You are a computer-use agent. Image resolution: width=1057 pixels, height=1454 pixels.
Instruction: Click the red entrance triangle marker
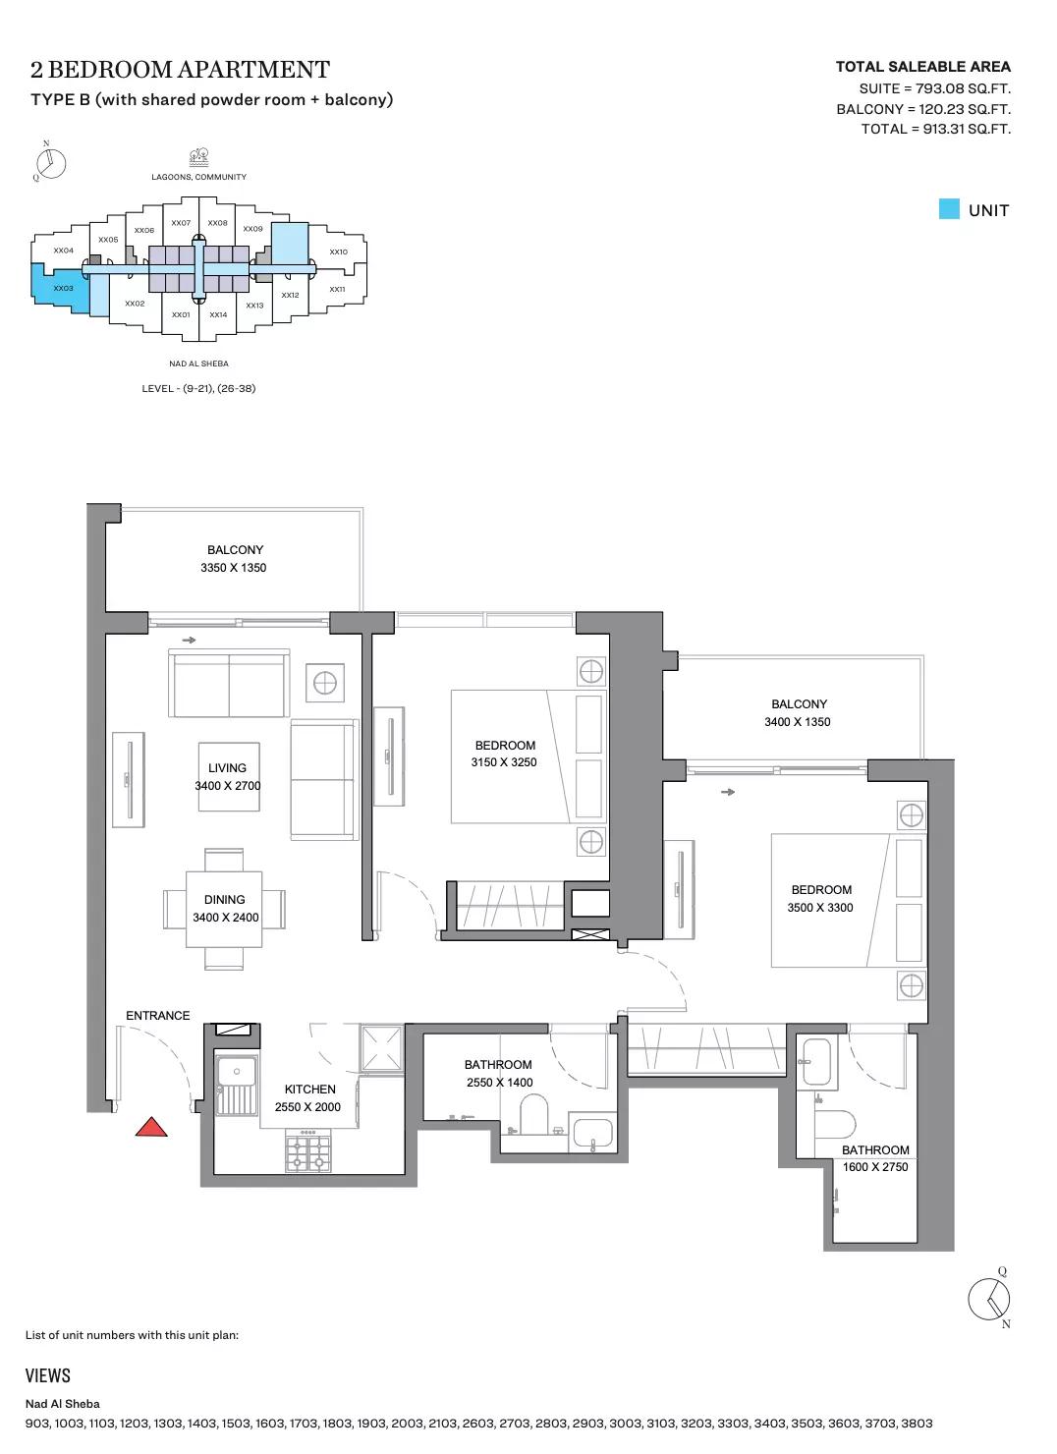coord(151,1127)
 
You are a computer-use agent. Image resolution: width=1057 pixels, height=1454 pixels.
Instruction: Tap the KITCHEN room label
coord(309,1090)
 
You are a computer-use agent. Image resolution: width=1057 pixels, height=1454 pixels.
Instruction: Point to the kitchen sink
coord(237,1083)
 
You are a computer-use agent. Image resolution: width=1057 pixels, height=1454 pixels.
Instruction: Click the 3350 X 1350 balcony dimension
coord(234,567)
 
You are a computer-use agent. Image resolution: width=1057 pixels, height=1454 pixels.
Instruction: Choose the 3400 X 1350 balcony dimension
coord(798,721)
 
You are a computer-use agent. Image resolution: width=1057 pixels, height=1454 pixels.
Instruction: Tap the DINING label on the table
coord(225,900)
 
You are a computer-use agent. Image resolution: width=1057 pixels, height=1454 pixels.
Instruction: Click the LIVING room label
coord(227,768)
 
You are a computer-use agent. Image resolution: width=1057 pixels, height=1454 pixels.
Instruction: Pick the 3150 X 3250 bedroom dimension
coord(504,762)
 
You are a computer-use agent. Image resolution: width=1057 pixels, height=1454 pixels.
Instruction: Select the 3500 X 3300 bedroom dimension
coord(820,908)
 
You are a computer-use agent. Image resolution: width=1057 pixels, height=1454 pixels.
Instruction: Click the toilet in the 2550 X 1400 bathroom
coord(534,1114)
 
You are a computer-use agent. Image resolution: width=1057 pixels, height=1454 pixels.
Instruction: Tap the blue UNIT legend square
coord(949,209)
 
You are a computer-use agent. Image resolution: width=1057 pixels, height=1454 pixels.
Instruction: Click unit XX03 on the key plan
coord(63,288)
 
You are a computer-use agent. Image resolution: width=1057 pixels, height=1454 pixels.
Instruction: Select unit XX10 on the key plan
coord(338,252)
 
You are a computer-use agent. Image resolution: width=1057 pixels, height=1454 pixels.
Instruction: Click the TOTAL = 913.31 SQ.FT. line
coord(935,129)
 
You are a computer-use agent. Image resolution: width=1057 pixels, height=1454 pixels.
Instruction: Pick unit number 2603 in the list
coord(442,1423)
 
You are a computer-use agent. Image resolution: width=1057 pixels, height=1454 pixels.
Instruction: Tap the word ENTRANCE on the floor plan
coord(158,1015)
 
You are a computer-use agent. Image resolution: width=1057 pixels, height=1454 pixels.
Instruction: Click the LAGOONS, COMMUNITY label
coord(198,177)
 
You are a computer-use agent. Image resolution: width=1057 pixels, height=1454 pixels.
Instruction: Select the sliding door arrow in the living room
coord(189,640)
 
